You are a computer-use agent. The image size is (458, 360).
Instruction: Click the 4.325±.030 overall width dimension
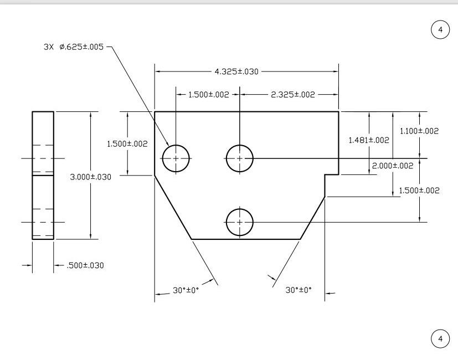click(237, 71)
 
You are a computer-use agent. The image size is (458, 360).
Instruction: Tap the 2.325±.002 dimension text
click(292, 95)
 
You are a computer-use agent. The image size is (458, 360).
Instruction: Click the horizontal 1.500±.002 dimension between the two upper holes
click(208, 95)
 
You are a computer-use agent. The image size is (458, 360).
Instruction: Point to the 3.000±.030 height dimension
click(91, 177)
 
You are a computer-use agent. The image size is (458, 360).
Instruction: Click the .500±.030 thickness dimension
click(85, 265)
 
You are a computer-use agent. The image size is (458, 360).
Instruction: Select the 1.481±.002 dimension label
click(368, 140)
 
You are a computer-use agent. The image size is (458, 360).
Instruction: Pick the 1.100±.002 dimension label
click(419, 131)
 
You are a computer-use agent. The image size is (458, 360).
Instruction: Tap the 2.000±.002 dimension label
click(393, 166)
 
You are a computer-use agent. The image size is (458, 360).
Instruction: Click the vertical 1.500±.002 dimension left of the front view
click(127, 144)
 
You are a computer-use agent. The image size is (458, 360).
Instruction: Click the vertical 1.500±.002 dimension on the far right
click(419, 191)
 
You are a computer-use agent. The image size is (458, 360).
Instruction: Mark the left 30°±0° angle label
click(185, 290)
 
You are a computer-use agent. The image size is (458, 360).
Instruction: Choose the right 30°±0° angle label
click(299, 290)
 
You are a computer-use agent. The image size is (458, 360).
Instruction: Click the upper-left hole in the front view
click(176, 158)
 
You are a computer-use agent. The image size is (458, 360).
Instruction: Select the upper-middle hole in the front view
click(239, 158)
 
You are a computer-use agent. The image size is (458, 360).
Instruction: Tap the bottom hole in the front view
click(239, 222)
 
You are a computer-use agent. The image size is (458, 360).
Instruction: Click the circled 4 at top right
click(440, 30)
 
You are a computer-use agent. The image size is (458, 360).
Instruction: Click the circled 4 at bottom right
click(440, 338)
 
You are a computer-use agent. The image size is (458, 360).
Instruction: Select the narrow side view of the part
click(43, 176)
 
